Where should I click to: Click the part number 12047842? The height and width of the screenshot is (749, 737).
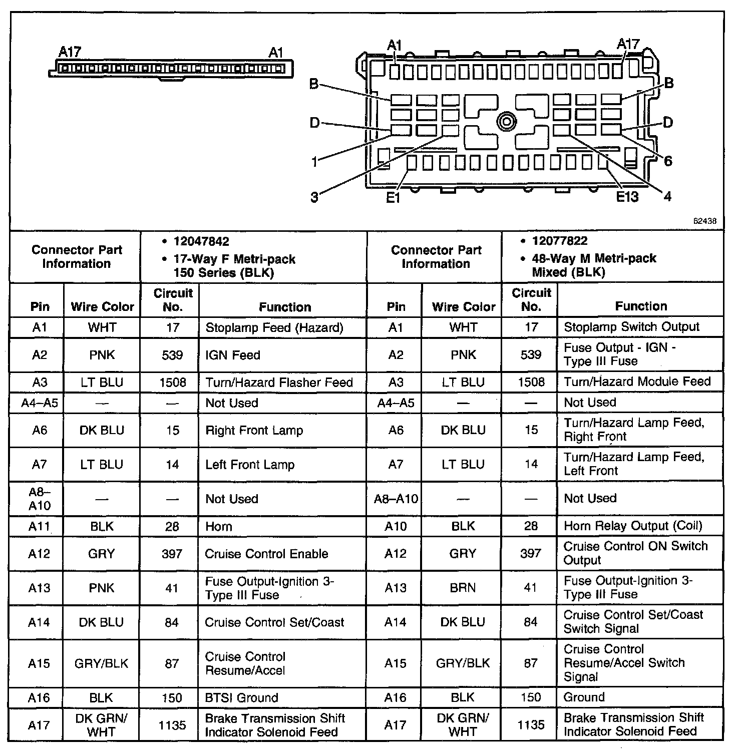(x=201, y=241)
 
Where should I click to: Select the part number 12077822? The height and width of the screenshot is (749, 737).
(x=560, y=241)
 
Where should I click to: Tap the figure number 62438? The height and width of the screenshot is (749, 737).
(x=705, y=221)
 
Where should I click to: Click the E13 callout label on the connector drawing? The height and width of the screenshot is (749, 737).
(x=627, y=197)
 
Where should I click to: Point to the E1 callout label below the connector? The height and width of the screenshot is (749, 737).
(x=394, y=198)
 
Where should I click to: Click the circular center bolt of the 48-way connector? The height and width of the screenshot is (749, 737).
(x=507, y=122)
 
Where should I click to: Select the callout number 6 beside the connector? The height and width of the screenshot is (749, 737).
(x=668, y=161)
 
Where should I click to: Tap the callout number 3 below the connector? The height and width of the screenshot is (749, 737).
(x=314, y=197)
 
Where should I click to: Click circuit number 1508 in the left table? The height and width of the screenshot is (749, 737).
(x=172, y=383)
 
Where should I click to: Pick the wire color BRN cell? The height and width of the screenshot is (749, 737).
(x=463, y=587)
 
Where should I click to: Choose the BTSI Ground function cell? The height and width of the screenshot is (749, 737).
(x=242, y=697)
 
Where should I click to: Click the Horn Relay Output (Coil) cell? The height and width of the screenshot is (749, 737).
(x=633, y=526)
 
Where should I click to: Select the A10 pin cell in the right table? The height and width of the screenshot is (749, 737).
(x=396, y=526)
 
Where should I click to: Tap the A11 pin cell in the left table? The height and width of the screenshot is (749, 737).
(x=39, y=527)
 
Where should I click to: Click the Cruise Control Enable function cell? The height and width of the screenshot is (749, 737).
(x=266, y=554)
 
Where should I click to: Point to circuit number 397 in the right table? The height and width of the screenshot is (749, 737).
(x=531, y=553)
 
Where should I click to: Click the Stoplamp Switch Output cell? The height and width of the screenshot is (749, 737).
(x=631, y=327)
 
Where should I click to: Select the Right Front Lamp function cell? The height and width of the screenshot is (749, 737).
(x=254, y=430)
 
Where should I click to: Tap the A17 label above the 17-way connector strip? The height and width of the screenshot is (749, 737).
(x=70, y=52)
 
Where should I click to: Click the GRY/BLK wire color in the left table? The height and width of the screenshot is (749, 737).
(x=101, y=663)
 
